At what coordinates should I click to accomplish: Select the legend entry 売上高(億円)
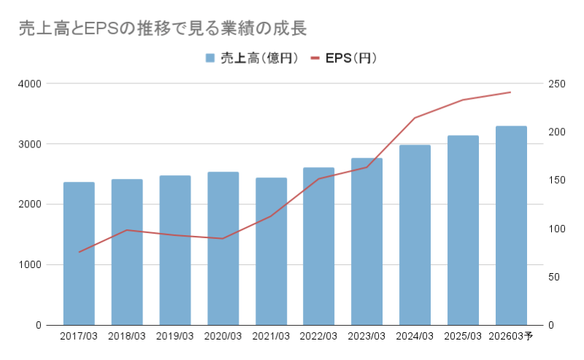pos(251,58)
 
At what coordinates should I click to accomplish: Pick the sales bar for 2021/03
pos(271,251)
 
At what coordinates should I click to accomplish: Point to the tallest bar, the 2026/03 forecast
pos(511,226)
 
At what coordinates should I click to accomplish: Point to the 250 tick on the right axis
pos(557,83)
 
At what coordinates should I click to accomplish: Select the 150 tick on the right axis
pos(557,180)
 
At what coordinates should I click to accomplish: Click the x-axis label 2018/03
pos(127,337)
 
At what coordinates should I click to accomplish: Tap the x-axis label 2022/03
pos(319,337)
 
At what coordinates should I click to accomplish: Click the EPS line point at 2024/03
pos(415,118)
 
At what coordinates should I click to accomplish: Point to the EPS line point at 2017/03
pos(79,252)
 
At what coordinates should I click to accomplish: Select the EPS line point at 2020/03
pos(223,238)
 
